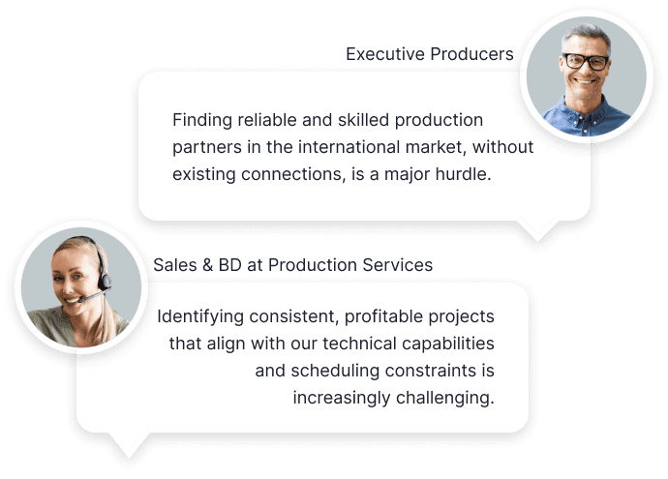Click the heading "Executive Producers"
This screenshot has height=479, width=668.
pos(430,54)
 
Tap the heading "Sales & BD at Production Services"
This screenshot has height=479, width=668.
pos(292,265)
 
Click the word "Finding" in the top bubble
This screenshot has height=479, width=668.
pos(202,121)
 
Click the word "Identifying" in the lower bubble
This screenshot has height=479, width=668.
pos(200,316)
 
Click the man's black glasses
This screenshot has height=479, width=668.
pos(587,62)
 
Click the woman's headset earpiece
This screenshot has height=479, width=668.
pos(105,282)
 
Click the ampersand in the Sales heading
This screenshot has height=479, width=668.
pos(207,265)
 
